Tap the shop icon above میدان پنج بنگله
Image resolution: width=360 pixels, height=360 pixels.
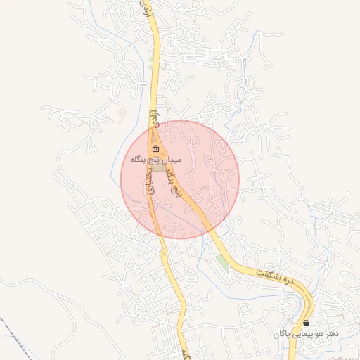pyautogui.click(x=156, y=149)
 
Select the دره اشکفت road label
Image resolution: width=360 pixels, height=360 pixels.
pyautogui.click(x=274, y=274)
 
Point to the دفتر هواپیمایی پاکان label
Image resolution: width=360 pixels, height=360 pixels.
pyautogui.click(x=307, y=333)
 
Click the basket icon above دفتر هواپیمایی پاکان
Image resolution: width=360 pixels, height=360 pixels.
pyautogui.click(x=306, y=323)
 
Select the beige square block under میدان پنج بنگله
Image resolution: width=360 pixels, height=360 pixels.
pyautogui.click(x=160, y=169)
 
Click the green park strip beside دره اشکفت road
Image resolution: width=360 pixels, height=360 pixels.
pyautogui.click(x=223, y=261)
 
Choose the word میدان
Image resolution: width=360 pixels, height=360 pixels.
pyautogui.click(x=171, y=160)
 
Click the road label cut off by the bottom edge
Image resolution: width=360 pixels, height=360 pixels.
pyautogui.click(x=185, y=352)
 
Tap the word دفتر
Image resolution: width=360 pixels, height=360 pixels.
pyautogui.click(x=333, y=333)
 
